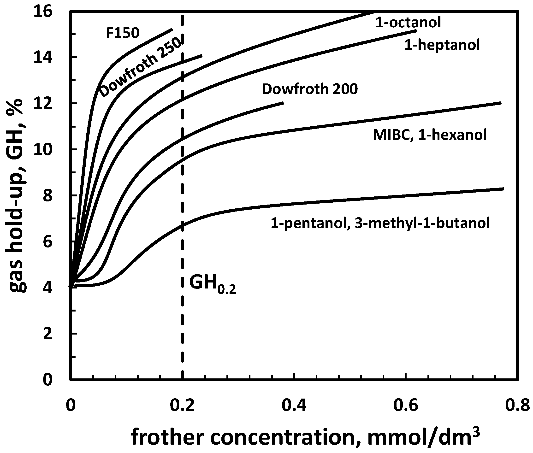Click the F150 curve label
tap(123, 33)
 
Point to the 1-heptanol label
tap(442, 45)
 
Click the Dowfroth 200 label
tap(310, 89)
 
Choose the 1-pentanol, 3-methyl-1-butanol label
tap(380, 223)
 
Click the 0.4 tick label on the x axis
tap(294, 406)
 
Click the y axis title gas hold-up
tap(16, 195)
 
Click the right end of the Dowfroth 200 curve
tap(283, 103)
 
